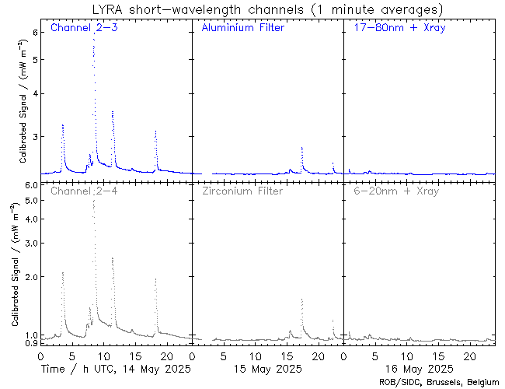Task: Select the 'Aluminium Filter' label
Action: pyautogui.click(x=242, y=28)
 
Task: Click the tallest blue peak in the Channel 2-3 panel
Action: pyautogui.click(x=94, y=39)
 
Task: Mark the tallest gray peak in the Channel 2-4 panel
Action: pyautogui.click(x=94, y=201)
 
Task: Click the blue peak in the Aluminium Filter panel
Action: pyautogui.click(x=301, y=147)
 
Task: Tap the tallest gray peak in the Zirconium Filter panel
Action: pyautogui.click(x=301, y=300)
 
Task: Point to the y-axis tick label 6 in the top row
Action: pyautogui.click(x=34, y=32)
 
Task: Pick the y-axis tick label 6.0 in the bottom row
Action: pyautogui.click(x=30, y=185)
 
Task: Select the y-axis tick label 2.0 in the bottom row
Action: pyautogui.click(x=30, y=277)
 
